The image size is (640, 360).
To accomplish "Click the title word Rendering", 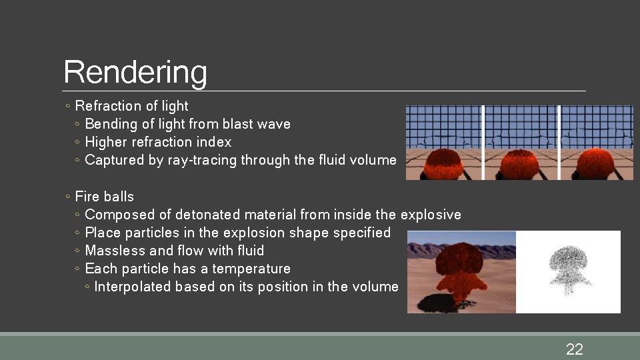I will [x=135, y=73].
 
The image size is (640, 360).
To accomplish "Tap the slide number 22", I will [x=574, y=349].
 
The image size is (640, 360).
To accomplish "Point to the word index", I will [x=214, y=142].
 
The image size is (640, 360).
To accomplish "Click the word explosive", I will [x=431, y=215].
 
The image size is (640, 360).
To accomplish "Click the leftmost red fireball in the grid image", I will [x=445, y=163].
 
